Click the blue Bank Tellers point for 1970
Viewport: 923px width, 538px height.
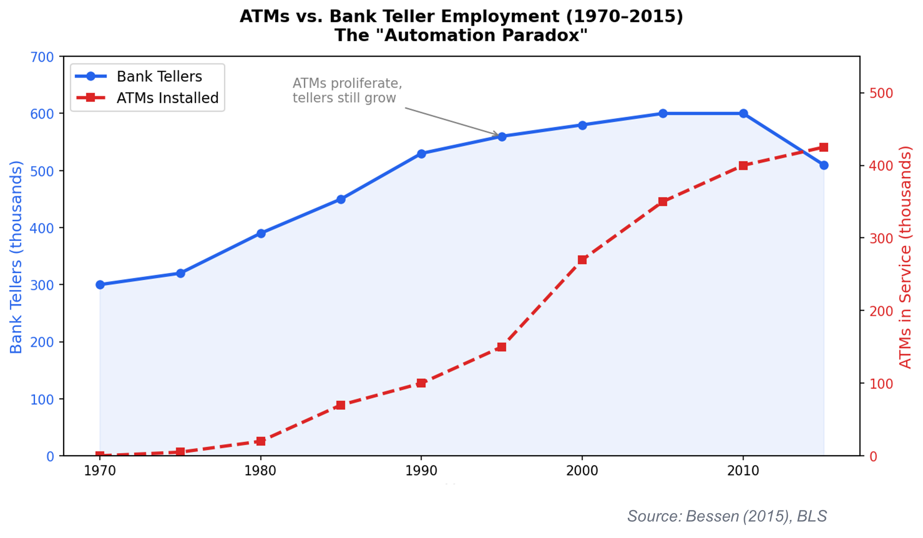click(x=100, y=284)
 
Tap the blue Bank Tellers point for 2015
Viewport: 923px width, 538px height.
click(x=824, y=165)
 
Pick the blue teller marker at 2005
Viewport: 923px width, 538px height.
click(x=663, y=114)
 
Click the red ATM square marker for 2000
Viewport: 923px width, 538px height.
click(x=582, y=260)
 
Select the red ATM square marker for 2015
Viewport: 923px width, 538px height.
click(x=824, y=147)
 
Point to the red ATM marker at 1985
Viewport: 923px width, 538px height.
click(x=341, y=405)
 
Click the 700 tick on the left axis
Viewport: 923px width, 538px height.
click(x=42, y=57)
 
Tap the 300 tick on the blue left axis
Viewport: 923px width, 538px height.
click(x=42, y=285)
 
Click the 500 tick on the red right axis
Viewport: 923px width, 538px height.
click(x=881, y=93)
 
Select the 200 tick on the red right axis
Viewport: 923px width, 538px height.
click(x=881, y=311)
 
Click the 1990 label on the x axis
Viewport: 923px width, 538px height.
click(x=421, y=471)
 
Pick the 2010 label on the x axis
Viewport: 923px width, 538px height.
click(x=743, y=471)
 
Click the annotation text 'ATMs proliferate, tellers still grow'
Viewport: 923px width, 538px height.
click(x=347, y=90)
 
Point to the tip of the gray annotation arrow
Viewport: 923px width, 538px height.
click(x=498, y=136)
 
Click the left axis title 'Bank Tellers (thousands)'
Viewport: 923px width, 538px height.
click(x=16, y=257)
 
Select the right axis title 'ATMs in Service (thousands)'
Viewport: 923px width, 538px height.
click(x=905, y=257)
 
